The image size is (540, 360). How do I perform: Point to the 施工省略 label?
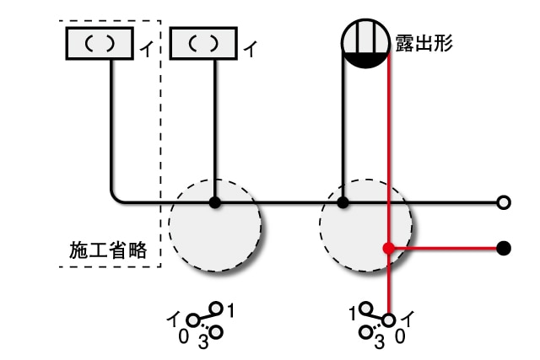[x=108, y=250]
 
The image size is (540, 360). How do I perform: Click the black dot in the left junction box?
[x=215, y=202]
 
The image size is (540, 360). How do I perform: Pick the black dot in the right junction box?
[x=343, y=202]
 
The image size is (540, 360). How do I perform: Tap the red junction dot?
[x=388, y=249]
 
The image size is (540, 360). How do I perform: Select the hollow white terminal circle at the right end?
[x=504, y=202]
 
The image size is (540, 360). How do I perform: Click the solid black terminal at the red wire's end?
[x=504, y=249]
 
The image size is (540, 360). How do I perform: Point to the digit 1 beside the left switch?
[x=231, y=310]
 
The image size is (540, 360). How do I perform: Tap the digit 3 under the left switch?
[x=202, y=342]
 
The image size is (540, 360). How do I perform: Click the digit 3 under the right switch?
[x=379, y=342]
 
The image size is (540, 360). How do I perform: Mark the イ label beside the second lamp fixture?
[x=250, y=49]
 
